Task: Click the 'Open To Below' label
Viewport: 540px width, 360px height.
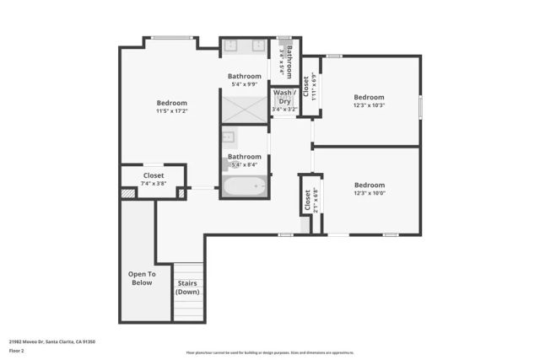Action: coord(141,278)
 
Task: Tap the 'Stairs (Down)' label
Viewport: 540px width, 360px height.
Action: coord(187,287)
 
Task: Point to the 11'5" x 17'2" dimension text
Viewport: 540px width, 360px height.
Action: coord(171,110)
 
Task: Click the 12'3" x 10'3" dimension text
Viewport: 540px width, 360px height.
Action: coord(369,105)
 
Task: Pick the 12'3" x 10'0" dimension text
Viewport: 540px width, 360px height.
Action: coord(369,194)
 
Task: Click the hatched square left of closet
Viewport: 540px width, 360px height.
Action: coord(127,193)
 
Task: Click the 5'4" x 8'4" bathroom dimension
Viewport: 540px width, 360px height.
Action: coord(245,165)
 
